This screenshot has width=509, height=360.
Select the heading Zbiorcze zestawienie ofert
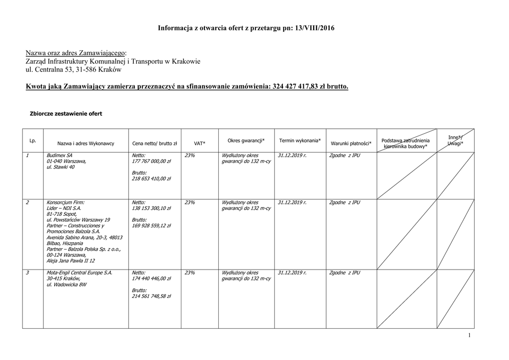click(x=66, y=114)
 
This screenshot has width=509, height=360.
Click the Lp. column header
click(x=33, y=141)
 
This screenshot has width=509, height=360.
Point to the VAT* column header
click(x=199, y=143)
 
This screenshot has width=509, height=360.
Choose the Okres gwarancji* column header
click(x=246, y=141)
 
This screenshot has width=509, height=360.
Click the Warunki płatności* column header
click(x=351, y=143)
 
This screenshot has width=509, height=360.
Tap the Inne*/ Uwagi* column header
click(x=455, y=140)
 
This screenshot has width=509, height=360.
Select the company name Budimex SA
click(x=60, y=156)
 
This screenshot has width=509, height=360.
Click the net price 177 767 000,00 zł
click(x=152, y=162)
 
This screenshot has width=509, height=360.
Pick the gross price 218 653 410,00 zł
click(x=152, y=179)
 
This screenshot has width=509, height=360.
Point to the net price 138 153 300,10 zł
click(x=152, y=208)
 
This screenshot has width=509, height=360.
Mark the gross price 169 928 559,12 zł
click(x=152, y=225)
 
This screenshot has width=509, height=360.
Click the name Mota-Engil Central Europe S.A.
click(x=80, y=273)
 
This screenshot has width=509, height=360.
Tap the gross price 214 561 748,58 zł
click(x=152, y=296)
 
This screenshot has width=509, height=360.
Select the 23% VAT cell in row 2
click(x=189, y=202)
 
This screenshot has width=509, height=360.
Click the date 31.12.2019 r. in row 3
click(x=292, y=273)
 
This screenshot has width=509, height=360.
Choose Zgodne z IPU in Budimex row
click(x=344, y=156)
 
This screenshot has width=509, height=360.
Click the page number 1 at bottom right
click(x=469, y=336)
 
